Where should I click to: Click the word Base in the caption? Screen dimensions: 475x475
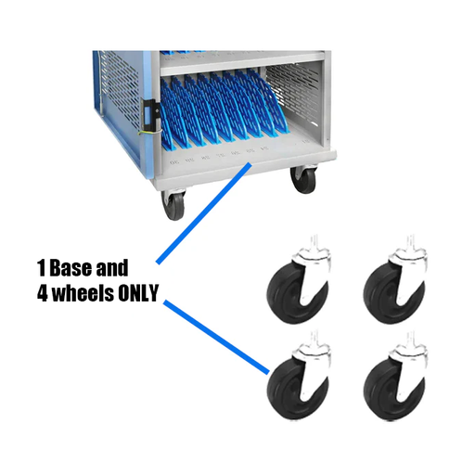point(71,268)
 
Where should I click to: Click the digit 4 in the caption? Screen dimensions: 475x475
point(43,293)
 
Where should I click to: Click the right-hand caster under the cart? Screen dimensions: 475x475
point(303,180)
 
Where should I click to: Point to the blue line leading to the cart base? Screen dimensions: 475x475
point(204,213)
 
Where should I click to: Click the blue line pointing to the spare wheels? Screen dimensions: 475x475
point(216,337)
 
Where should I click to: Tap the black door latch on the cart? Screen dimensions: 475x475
point(149,113)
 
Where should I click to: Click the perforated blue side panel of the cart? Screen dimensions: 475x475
point(119,102)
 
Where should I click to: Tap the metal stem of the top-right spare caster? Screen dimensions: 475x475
point(411,243)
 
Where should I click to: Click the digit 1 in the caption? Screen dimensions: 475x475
point(42,268)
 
